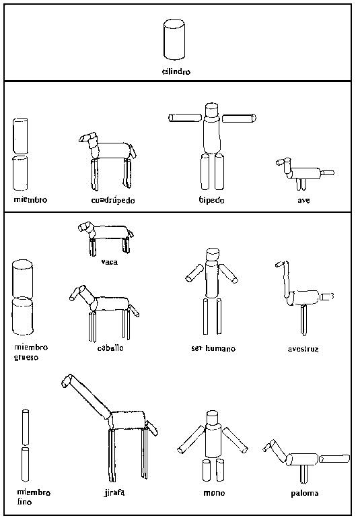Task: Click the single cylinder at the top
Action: coord(174,40)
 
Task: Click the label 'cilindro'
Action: coord(176,71)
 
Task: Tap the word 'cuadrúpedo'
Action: coord(113,200)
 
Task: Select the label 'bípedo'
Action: coord(212,200)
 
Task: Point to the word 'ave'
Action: coord(304,200)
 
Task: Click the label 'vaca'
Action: coord(110,262)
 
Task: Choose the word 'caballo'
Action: coord(110,348)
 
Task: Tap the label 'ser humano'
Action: coord(213,348)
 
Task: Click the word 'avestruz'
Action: coord(303,349)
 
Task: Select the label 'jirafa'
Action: coord(114,492)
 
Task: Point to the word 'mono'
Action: coord(214,493)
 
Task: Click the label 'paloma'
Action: coord(305,493)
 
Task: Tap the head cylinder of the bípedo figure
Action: coord(212,110)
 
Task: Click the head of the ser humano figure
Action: coord(213,255)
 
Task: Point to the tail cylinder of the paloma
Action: coord(334,459)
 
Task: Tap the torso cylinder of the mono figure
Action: coord(213,440)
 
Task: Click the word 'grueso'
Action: coord(26,358)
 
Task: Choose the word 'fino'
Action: coord(24,502)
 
